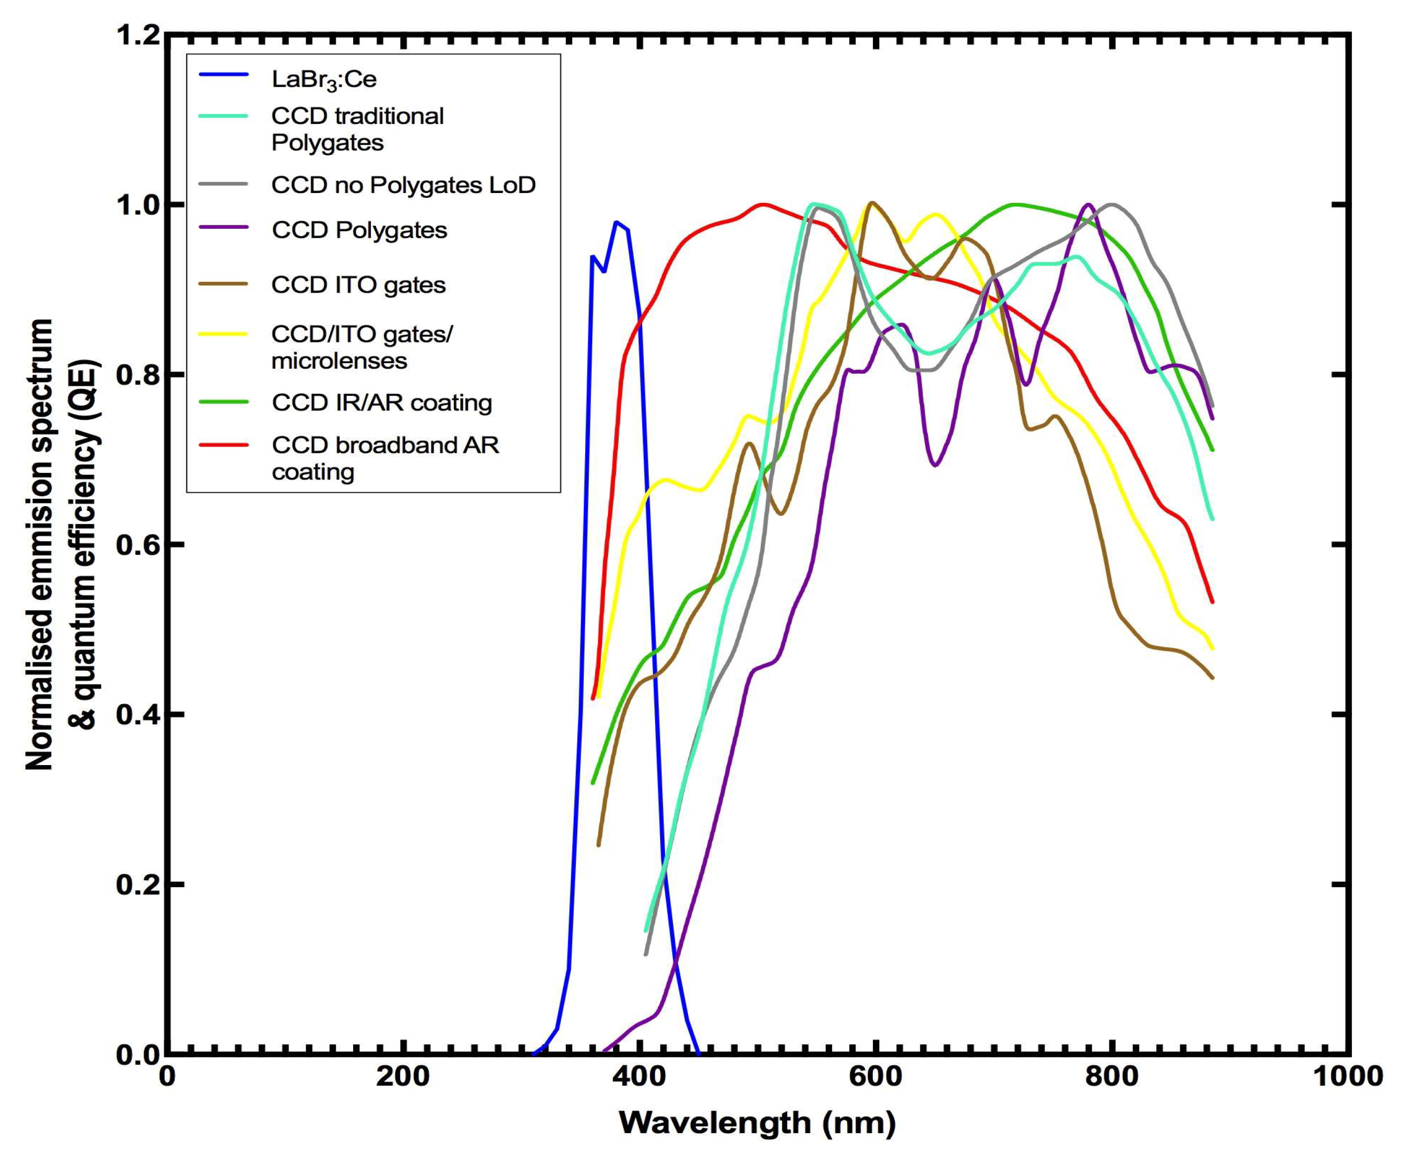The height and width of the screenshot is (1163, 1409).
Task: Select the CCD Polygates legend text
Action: tap(359, 230)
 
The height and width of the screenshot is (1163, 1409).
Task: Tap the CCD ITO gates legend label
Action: tap(358, 285)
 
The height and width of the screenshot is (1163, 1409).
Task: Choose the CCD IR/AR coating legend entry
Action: tap(382, 402)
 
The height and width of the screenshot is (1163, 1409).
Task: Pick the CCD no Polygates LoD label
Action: tap(403, 185)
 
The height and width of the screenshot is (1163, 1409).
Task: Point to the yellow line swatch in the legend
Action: tap(224, 333)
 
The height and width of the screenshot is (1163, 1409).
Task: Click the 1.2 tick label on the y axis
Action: tap(137, 35)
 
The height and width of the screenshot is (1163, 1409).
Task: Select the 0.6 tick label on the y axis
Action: tap(137, 545)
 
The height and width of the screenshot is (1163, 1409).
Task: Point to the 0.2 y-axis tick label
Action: tap(137, 884)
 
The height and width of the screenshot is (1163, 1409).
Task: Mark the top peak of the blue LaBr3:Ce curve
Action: tap(616, 222)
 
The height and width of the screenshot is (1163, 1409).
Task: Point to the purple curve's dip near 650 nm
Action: tap(935, 465)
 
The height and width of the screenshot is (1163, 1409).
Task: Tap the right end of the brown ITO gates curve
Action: tap(1212, 678)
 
